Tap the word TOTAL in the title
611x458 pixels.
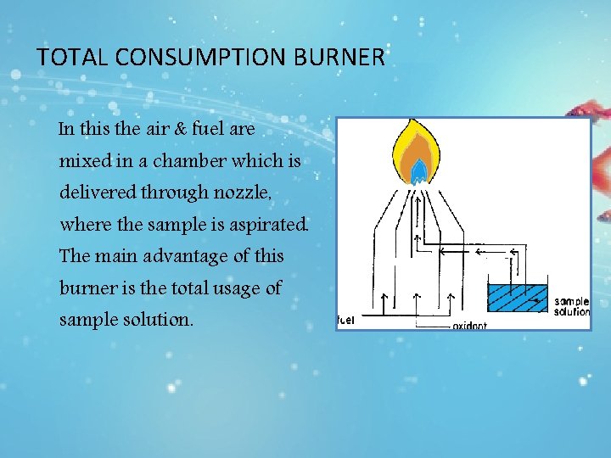coord(72,58)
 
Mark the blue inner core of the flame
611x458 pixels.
coord(419,173)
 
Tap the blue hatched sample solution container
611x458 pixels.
coord(517,299)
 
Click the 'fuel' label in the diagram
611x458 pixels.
coord(345,320)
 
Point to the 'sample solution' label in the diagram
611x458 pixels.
coord(571,306)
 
